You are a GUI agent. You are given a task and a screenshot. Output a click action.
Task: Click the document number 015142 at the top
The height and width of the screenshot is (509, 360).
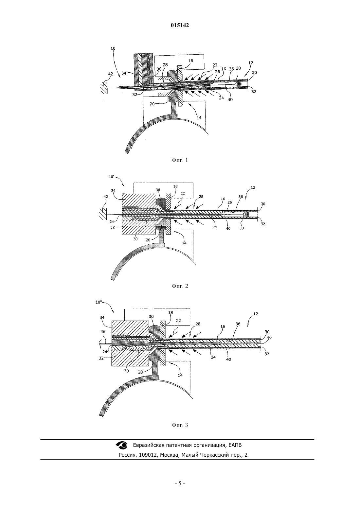180,25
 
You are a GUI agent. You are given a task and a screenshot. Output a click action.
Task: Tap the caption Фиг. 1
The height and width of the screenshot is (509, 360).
180,160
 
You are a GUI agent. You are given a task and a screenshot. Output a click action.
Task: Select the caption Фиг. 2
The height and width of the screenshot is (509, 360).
180,286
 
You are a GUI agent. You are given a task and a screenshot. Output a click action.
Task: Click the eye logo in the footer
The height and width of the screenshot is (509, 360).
122,445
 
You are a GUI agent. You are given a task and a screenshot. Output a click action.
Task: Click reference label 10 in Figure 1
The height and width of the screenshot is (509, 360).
113,48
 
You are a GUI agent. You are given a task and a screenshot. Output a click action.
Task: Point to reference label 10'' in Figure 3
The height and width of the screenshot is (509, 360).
99,302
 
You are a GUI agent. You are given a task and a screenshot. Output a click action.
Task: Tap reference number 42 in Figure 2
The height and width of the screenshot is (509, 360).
106,197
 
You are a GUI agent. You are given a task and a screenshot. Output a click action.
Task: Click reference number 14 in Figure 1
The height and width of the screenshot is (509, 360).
199,118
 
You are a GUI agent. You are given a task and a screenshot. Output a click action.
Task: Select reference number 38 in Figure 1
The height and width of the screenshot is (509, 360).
238,68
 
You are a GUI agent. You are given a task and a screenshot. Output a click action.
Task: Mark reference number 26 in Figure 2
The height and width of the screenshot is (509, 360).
229,202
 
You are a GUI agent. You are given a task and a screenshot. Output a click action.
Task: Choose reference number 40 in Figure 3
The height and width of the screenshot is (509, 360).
229,359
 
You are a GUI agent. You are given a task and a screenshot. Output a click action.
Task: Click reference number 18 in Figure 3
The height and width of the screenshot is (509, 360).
171,312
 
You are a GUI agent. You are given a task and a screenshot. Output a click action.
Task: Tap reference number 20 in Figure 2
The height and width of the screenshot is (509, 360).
148,240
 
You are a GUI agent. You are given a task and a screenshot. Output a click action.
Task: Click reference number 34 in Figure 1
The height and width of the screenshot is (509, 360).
124,73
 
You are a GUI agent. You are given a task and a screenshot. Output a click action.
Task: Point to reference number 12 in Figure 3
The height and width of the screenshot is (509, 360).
256,314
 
